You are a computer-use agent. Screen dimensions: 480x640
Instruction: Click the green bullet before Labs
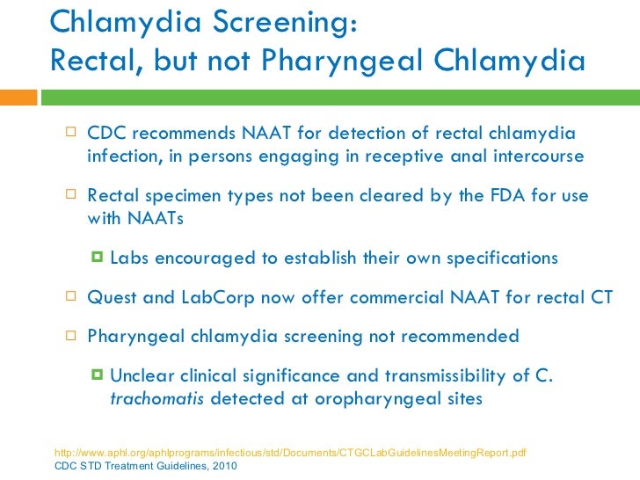click(x=97, y=258)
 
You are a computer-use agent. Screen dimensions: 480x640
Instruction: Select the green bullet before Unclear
click(x=97, y=376)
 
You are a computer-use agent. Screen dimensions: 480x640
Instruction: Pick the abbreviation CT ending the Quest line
click(x=601, y=297)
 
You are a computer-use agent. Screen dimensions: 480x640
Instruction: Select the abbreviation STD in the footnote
click(x=92, y=466)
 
